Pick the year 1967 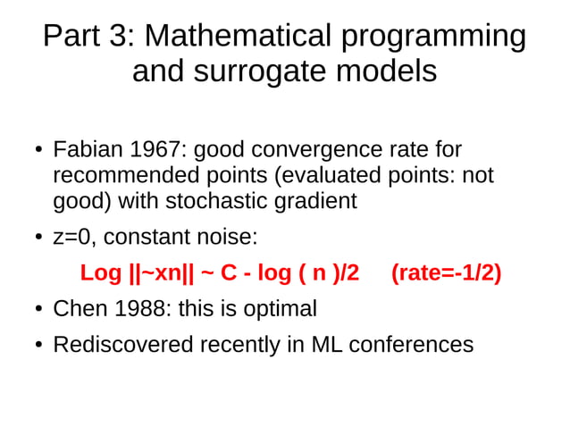[x=159, y=149]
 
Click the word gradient [x=312, y=202]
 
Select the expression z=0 [x=75, y=238]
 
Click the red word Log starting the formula [x=100, y=273]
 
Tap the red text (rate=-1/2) [x=446, y=273]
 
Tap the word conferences [x=411, y=345]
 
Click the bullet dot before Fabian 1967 [x=38, y=150]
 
